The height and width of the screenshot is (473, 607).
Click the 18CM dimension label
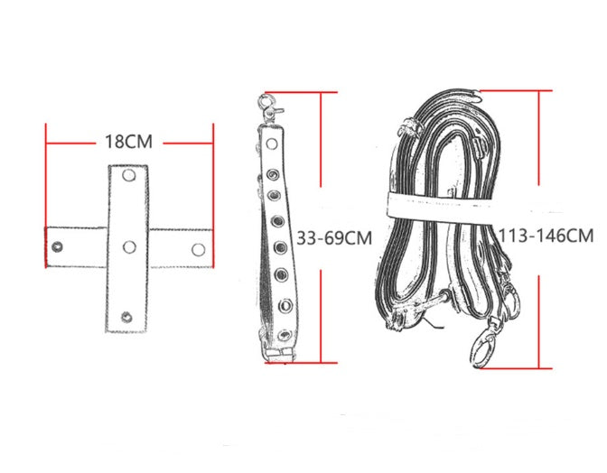click(129, 142)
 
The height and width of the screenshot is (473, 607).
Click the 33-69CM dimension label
click(334, 237)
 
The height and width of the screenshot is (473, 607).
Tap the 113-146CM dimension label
click(546, 236)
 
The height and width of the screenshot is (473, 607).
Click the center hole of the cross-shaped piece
click(129, 246)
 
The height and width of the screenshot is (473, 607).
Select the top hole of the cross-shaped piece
click(129, 175)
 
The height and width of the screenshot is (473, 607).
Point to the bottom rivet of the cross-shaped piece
click(126, 318)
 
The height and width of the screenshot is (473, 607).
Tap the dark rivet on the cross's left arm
click(57, 246)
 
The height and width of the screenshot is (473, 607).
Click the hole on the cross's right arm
click(198, 249)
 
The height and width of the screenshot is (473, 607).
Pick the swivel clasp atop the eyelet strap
click(269, 108)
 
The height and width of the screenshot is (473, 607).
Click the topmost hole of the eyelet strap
click(272, 144)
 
